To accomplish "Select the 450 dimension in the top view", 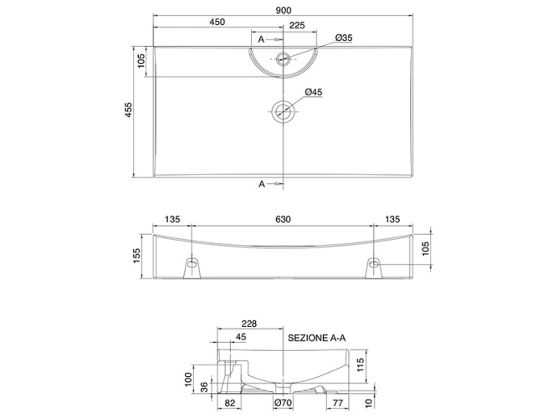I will point(219,24).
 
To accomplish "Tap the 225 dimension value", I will point(297,24).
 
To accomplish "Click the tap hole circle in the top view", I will point(284,59).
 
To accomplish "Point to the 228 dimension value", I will point(248,324).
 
